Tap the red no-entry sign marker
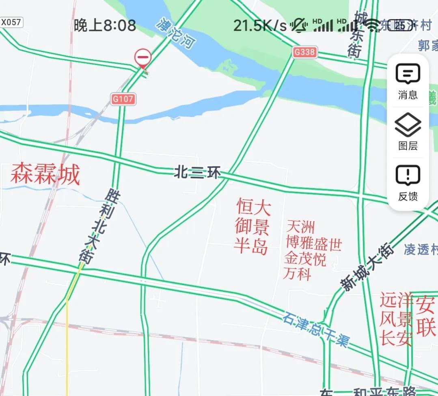pos(143,58)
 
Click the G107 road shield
pos(123,98)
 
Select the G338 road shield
pos(304,52)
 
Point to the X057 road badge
pos(11,22)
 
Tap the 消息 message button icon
pos(408,74)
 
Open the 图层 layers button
pos(408,125)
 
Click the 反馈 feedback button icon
pos(408,176)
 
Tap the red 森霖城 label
pos(45,174)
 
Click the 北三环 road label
pos(197,173)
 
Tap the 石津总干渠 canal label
pos(316,329)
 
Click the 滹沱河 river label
pos(176,33)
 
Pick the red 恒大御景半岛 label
pos(252,227)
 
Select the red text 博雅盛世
pos(314,244)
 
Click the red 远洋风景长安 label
pos(396,320)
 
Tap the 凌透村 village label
pos(421,250)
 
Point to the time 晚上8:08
pos(105,26)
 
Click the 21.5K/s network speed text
pos(260,26)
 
